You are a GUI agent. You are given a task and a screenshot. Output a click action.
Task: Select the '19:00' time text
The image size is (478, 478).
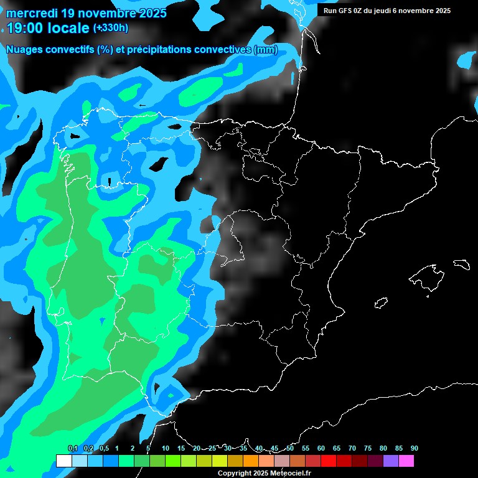(24, 28)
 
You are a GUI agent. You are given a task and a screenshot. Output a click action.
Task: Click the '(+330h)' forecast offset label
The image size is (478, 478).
(110, 28)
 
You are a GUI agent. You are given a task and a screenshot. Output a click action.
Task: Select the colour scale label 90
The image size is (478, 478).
(415, 448)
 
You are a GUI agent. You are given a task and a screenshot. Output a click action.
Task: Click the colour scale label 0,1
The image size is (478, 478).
(73, 448)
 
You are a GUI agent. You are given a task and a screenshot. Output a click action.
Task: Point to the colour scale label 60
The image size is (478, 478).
(321, 448)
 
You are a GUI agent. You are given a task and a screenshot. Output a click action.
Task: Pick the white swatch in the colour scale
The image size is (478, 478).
(63, 461)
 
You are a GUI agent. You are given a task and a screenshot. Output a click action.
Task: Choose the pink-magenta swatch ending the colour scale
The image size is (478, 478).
(406, 461)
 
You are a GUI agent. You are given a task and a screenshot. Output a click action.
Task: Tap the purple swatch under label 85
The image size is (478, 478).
(390, 461)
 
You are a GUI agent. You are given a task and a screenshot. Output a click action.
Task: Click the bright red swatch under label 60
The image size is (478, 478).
(328, 461)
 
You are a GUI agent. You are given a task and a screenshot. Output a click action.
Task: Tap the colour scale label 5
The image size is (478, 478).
(148, 448)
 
